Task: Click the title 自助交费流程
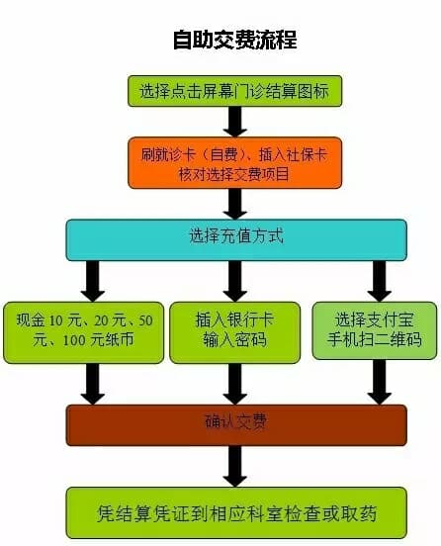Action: pos(235,40)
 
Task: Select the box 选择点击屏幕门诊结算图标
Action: pos(235,91)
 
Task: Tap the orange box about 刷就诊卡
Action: pos(235,163)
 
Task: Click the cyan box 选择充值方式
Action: pos(236,240)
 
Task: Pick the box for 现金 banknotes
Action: pos(83,332)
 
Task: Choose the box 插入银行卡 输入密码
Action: pos(235,332)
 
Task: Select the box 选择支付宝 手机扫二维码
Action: pos(375,330)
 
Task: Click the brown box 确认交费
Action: pos(236,425)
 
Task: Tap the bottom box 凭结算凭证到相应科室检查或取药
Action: pos(236,512)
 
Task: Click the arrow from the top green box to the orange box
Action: pos(235,122)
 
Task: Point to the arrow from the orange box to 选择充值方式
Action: pos(235,204)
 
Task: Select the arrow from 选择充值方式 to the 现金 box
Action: pos(93,281)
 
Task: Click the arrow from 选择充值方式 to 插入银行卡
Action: pos(235,281)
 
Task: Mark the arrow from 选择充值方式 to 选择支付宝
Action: pos(380,281)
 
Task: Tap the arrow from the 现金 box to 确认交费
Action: pos(93,384)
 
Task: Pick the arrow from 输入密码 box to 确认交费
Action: pos(235,384)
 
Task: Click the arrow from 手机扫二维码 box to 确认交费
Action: pos(380,382)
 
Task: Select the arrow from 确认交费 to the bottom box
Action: pos(235,467)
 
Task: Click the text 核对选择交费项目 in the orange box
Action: pos(234,174)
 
